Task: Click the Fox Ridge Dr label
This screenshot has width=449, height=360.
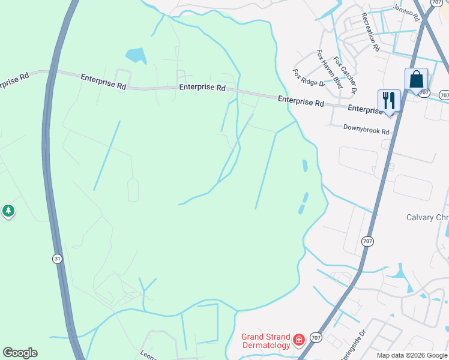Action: pos(309,77)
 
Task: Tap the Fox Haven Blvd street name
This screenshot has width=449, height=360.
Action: pos(330,70)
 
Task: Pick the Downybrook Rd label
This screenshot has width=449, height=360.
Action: pos(366,128)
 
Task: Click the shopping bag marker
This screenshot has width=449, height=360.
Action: pos(416,79)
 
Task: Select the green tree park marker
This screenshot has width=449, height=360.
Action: pos(8,211)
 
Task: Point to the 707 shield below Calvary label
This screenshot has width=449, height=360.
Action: pos(367,241)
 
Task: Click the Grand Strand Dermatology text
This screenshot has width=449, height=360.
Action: pos(266,341)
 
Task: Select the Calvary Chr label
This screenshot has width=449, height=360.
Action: pos(427,217)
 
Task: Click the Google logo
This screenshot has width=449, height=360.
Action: pos(20,353)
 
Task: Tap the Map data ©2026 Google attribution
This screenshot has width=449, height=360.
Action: pos(412,355)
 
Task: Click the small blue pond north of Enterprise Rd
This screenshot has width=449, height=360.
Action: pos(136,56)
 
